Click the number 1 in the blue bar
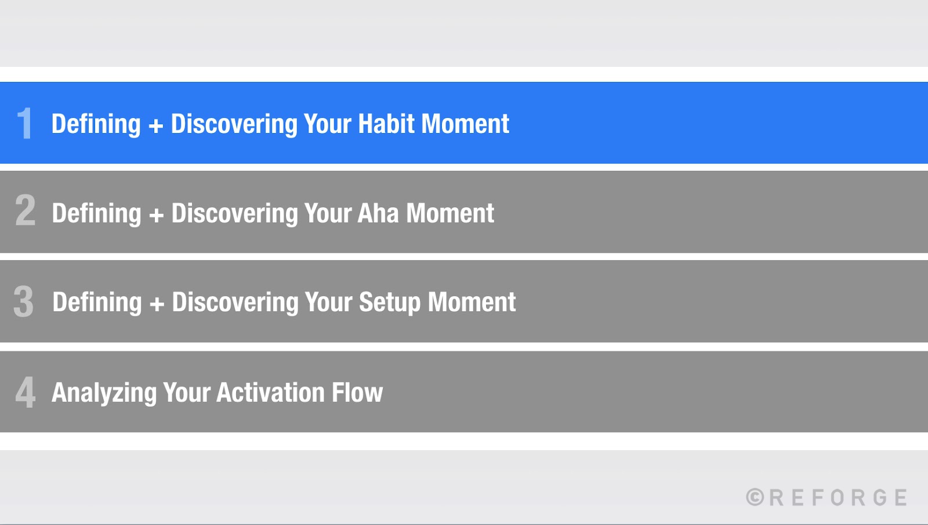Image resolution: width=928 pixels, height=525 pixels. (x=24, y=124)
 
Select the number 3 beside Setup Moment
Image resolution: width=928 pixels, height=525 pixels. (x=24, y=301)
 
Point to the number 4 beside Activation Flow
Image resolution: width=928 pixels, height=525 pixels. (x=25, y=392)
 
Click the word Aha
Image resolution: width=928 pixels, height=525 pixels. (x=378, y=213)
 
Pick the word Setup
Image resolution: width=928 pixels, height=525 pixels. (x=389, y=303)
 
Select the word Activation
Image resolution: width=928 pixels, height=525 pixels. (x=270, y=393)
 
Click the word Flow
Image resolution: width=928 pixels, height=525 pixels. (x=357, y=393)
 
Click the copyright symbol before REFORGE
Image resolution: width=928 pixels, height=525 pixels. (x=755, y=497)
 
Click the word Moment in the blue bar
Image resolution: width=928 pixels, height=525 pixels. (x=465, y=124)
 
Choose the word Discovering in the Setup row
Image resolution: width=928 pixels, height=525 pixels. (x=234, y=303)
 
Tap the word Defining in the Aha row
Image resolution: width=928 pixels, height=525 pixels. (x=96, y=214)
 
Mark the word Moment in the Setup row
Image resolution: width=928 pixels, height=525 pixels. (x=472, y=302)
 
